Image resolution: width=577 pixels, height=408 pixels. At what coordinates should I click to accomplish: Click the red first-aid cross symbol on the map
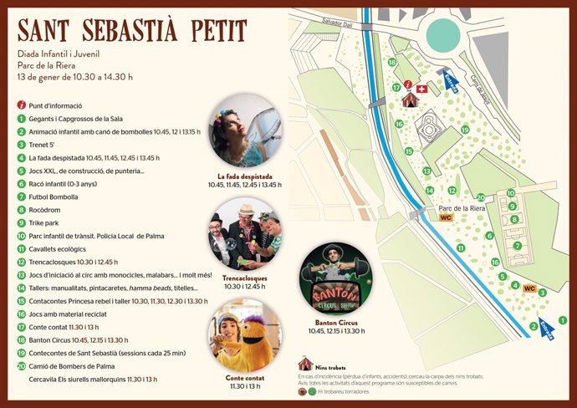(x=421, y=88)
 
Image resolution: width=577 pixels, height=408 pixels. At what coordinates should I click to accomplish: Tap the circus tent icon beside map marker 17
(x=410, y=99)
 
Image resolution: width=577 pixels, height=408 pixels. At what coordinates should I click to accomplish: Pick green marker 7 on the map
(x=518, y=246)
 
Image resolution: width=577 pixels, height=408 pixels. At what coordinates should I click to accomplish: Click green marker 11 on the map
(x=460, y=247)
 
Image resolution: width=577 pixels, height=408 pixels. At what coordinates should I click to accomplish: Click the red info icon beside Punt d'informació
(x=21, y=106)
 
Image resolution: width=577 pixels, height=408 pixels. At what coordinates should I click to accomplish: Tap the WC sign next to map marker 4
(x=528, y=288)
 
